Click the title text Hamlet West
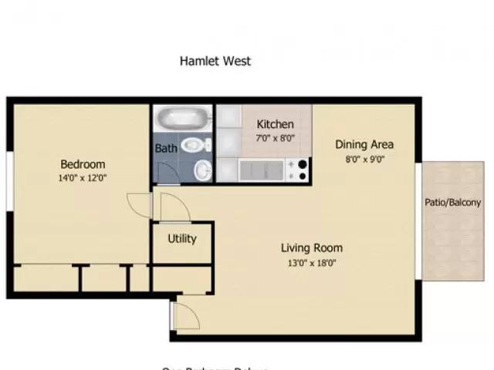pyautogui.click(x=215, y=61)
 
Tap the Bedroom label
pyautogui.click(x=83, y=164)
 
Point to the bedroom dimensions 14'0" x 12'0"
pyautogui.click(x=83, y=177)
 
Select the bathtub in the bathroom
pyautogui.click(x=182, y=119)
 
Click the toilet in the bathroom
pyautogui.click(x=199, y=144)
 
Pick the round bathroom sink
pyautogui.click(x=201, y=169)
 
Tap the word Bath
pyautogui.click(x=165, y=148)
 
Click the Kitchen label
pyautogui.click(x=275, y=124)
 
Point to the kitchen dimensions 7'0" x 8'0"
pyautogui.click(x=275, y=138)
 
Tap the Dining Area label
pyautogui.click(x=364, y=144)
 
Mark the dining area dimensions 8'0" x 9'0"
pyautogui.click(x=364, y=160)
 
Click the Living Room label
pyautogui.click(x=311, y=248)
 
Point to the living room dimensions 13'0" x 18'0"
pyautogui.click(x=311, y=263)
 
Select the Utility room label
pyautogui.click(x=182, y=238)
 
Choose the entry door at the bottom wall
pyautogui.click(x=184, y=314)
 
